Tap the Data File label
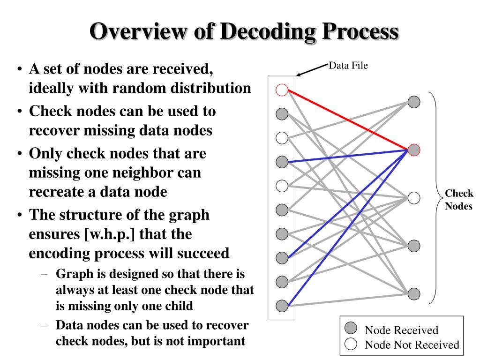point(348,66)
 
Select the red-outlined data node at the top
point(282,90)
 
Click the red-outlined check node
point(414,150)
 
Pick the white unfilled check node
point(414,198)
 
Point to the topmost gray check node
point(414,102)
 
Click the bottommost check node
point(414,294)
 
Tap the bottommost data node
point(282,306)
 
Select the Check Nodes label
point(458,200)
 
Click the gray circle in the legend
point(351,329)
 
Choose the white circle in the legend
point(351,345)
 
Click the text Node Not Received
point(412,345)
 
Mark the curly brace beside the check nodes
point(435,197)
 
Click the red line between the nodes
point(347,120)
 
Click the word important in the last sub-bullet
point(217,340)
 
